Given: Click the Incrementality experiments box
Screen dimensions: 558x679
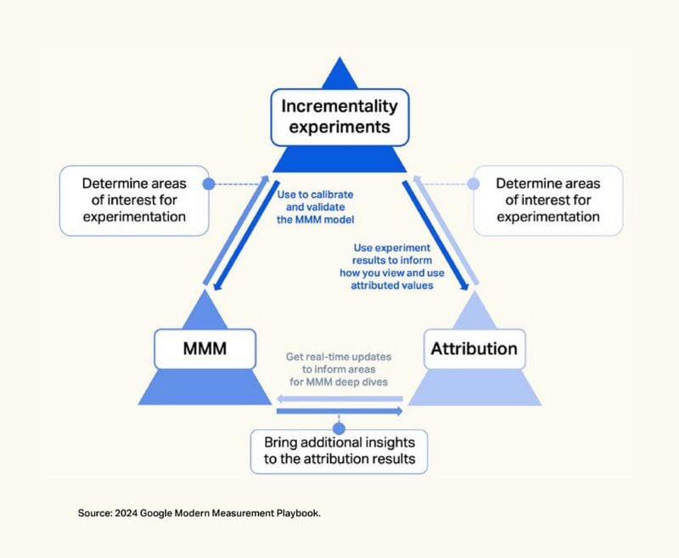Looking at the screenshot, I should [x=339, y=117].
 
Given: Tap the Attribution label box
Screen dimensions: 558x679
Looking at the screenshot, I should [x=474, y=349].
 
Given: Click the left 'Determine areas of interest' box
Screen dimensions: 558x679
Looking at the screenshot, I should [x=134, y=200].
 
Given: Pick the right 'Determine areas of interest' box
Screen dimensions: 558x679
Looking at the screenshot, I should [x=547, y=200].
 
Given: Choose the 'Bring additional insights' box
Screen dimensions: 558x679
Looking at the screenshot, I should [x=339, y=452].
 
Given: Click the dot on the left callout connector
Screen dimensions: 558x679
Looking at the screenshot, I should [x=207, y=183].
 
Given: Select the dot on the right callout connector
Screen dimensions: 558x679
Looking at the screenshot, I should [x=473, y=183].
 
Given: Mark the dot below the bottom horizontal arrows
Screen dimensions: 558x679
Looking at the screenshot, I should [x=339, y=427].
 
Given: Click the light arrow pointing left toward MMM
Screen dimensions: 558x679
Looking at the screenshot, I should [x=339, y=397].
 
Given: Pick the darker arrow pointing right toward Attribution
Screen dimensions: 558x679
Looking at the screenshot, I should [x=339, y=411].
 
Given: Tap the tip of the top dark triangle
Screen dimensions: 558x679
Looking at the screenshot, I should [x=339, y=59].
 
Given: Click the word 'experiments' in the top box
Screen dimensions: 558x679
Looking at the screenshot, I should [x=339, y=128].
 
